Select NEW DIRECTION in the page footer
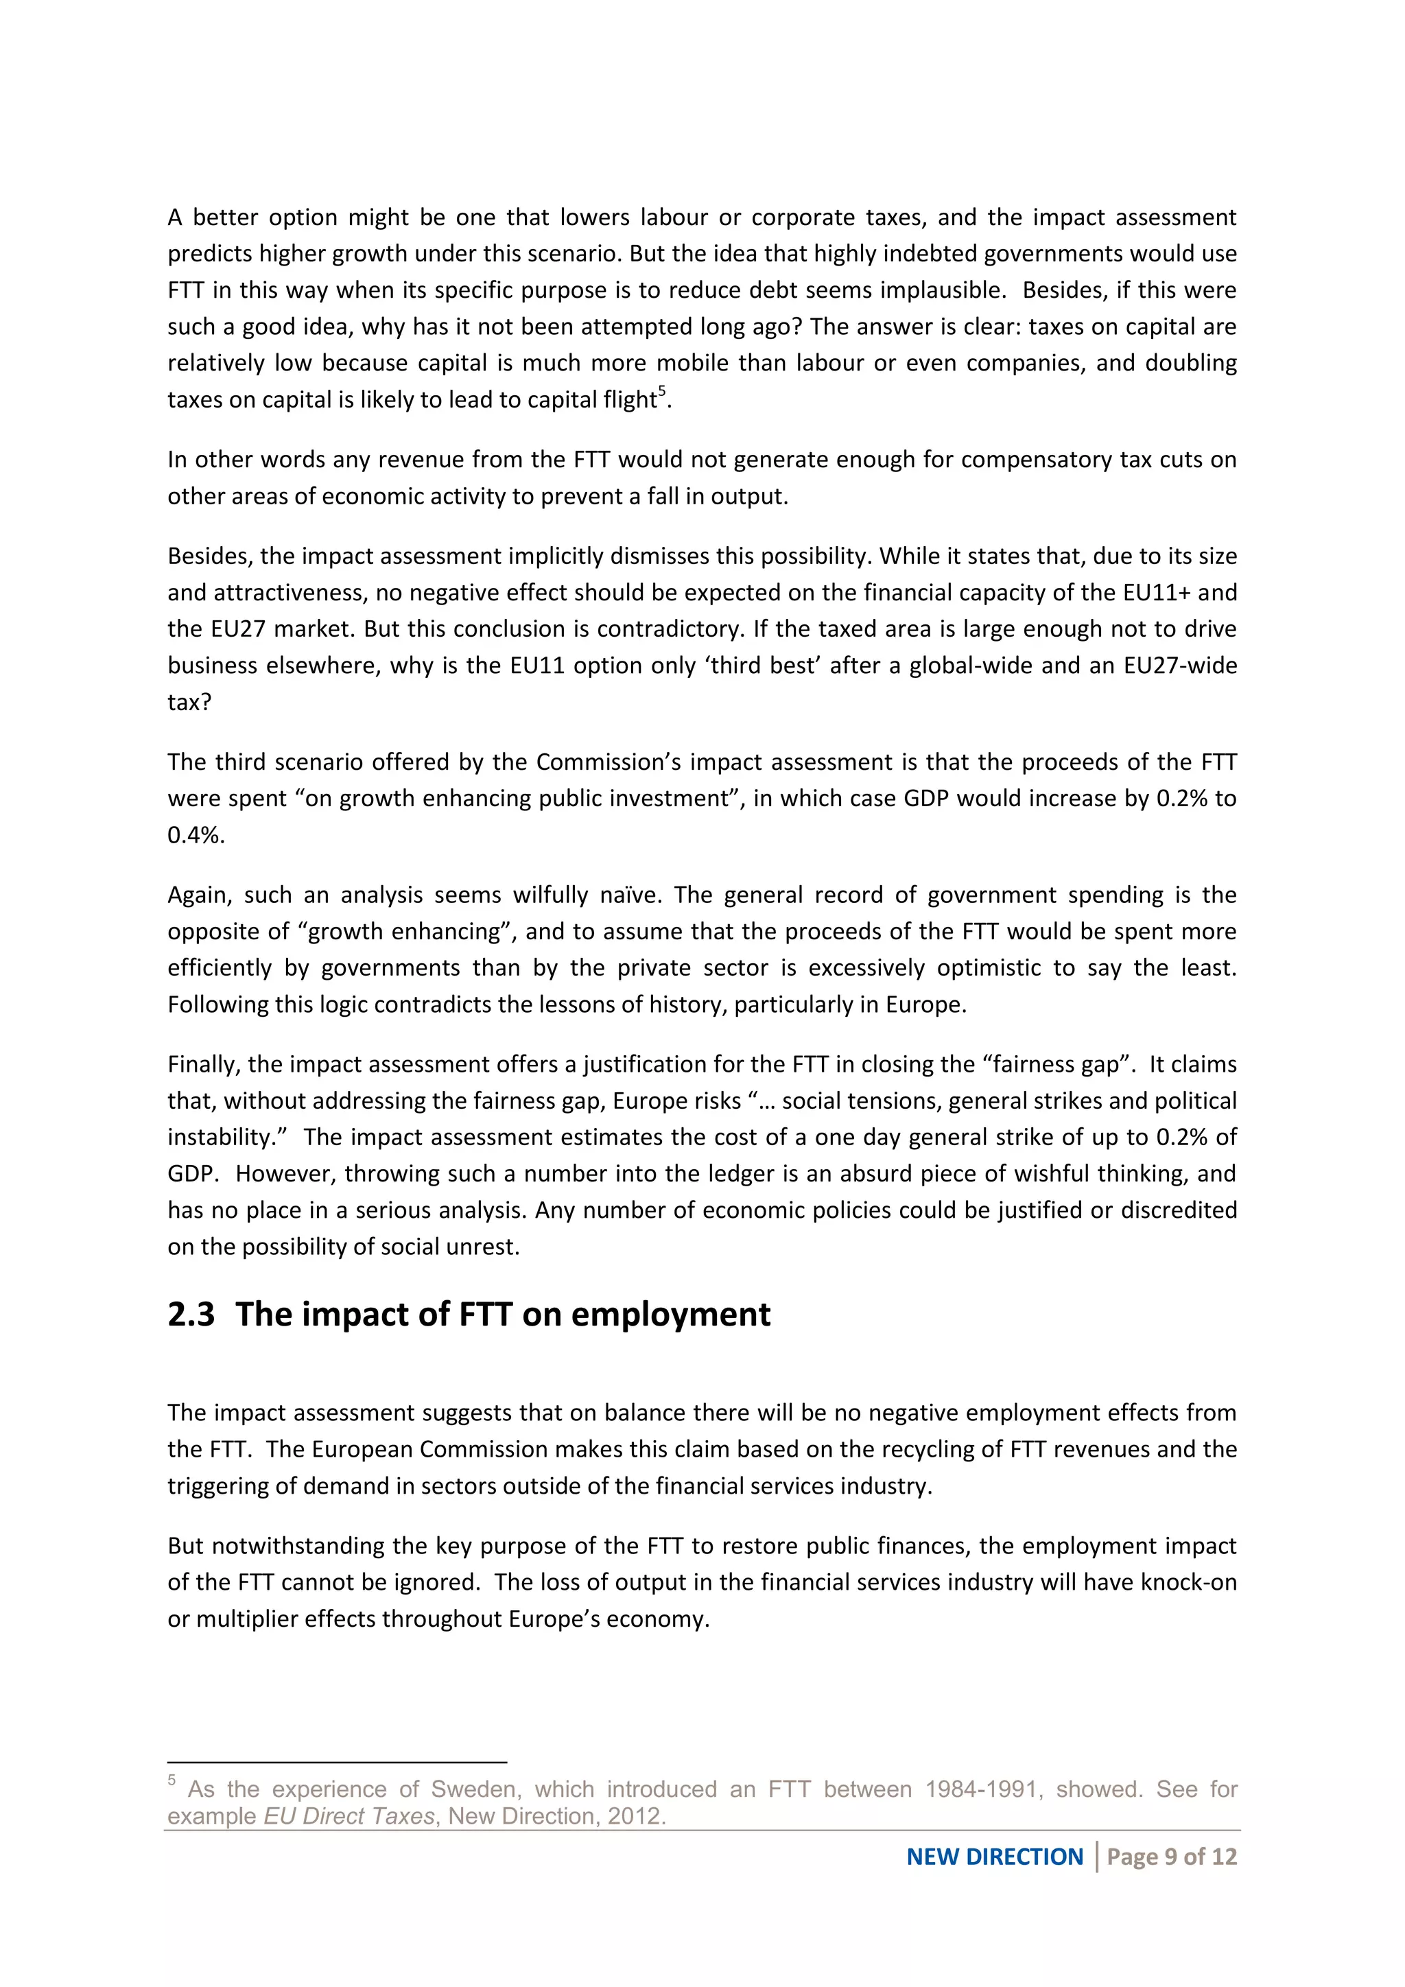point(994,1857)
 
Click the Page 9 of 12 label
point(1172,1857)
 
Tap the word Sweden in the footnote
point(474,1789)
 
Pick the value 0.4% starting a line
point(196,835)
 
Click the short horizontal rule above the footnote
point(337,1761)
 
